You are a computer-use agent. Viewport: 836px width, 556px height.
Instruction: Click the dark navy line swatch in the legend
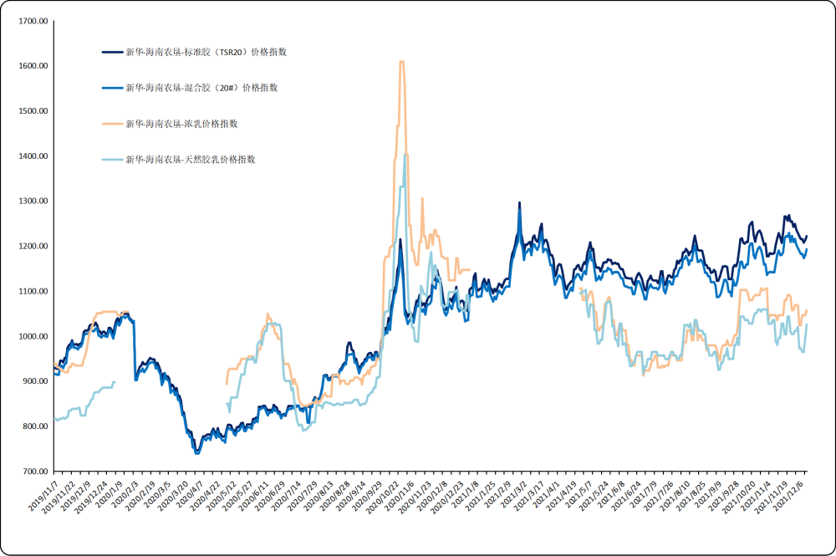tap(112, 52)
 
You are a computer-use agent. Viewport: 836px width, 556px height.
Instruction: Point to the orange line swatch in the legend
tap(112, 124)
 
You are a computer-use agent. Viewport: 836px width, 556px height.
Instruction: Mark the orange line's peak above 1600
tap(402, 62)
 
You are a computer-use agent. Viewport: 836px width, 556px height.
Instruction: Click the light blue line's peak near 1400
tap(405, 156)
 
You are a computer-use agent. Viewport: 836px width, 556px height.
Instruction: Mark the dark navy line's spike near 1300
tap(519, 203)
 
